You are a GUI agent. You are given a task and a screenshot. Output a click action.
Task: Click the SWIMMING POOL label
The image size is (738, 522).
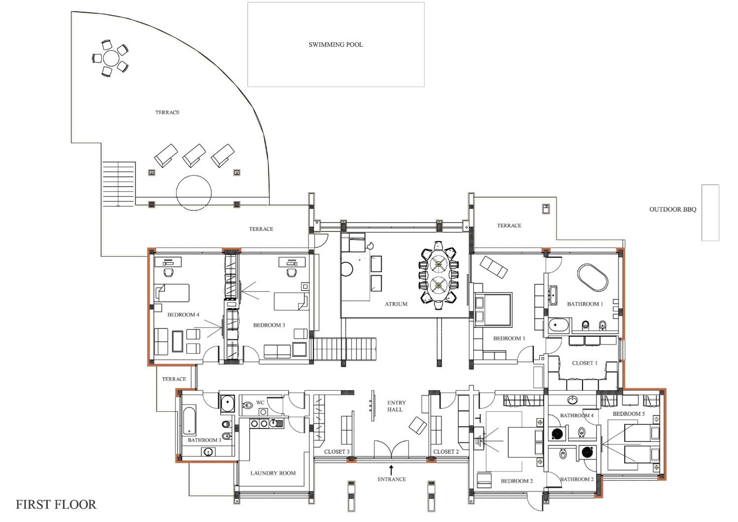336,45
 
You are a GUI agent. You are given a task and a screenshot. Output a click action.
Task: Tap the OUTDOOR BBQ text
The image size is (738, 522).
673,210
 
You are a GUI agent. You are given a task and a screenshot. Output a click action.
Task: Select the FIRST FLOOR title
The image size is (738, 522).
56,505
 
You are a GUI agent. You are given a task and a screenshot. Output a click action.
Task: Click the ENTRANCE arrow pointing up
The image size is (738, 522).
391,470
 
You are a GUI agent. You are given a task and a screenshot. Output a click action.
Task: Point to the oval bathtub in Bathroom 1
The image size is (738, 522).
593,278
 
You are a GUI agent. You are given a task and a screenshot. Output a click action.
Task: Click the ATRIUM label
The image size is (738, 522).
396,304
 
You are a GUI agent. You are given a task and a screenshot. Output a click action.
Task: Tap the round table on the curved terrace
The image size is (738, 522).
111,58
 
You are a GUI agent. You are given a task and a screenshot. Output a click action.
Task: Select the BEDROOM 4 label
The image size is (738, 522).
183,315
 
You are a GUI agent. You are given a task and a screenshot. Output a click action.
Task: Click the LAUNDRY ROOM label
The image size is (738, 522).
273,473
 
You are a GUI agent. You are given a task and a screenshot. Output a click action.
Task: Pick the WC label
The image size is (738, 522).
260,403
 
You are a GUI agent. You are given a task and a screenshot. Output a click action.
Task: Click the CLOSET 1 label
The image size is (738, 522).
585,363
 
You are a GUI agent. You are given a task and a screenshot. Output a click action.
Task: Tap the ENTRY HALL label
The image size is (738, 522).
396,406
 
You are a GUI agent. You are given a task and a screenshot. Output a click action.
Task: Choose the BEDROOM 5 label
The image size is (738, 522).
629,414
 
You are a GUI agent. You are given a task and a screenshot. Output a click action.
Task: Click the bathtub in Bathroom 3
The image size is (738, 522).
189,421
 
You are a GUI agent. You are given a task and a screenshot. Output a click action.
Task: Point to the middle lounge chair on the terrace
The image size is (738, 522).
194,156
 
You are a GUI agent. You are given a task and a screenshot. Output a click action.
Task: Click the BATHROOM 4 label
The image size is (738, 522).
577,416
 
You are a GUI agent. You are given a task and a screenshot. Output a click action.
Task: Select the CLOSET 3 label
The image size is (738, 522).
336,452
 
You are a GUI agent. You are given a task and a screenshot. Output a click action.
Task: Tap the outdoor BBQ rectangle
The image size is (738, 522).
710,213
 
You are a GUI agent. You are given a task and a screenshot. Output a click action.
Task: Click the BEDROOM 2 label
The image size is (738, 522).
517,481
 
